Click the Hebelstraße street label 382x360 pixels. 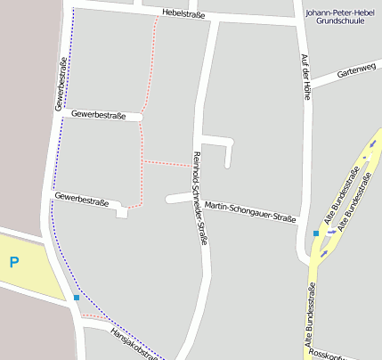coord(184,14)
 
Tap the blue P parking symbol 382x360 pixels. coord(13,262)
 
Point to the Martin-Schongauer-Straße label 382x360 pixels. coord(249,211)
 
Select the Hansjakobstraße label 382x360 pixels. coord(133,342)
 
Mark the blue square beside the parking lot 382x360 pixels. coord(77,298)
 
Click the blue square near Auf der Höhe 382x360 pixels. coord(316,233)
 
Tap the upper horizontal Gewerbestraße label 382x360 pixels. coord(95,115)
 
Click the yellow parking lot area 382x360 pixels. coord(31,267)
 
